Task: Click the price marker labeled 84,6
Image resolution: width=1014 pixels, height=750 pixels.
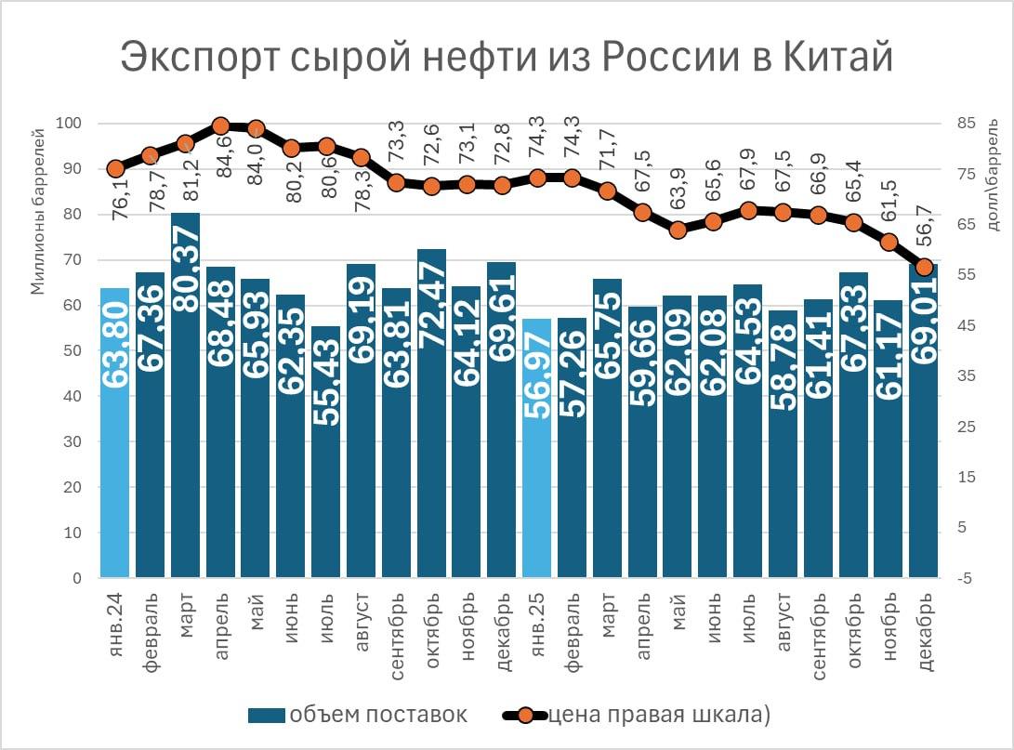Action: click(x=221, y=126)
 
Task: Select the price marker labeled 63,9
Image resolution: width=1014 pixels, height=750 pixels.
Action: click(x=678, y=230)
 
